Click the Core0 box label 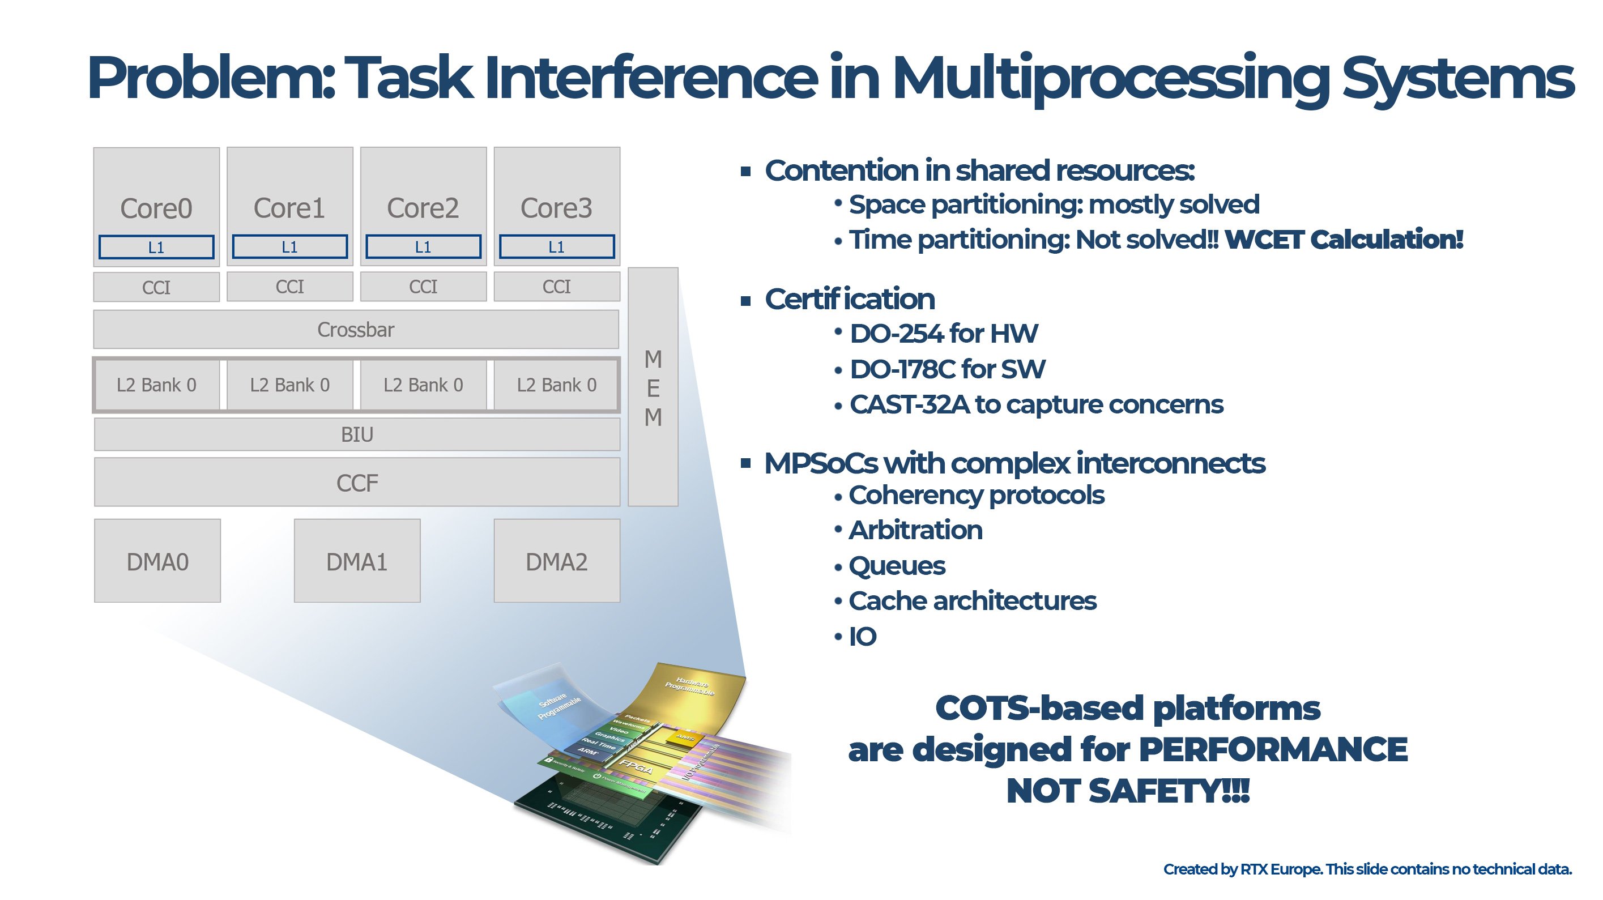coord(156,208)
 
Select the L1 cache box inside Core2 coord(423,246)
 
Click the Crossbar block coord(356,329)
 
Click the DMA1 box coord(356,561)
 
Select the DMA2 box coord(556,561)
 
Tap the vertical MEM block coord(652,387)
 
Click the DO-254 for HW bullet coord(943,334)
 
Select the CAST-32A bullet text coord(1035,404)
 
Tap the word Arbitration coord(915,530)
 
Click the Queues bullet coord(897,566)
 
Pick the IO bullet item coord(863,636)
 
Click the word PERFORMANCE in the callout coord(1273,749)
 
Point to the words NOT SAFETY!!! coord(1127,791)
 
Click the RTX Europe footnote coord(1367,869)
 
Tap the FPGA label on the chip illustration coord(636,767)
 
